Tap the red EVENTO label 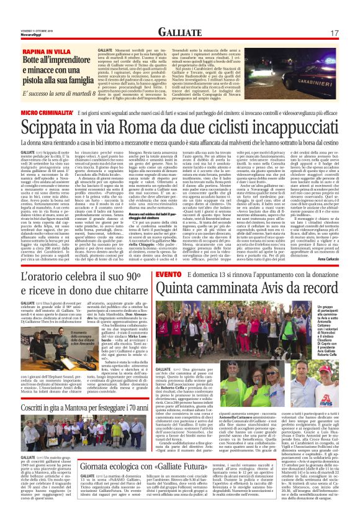(x=168, y=257)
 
